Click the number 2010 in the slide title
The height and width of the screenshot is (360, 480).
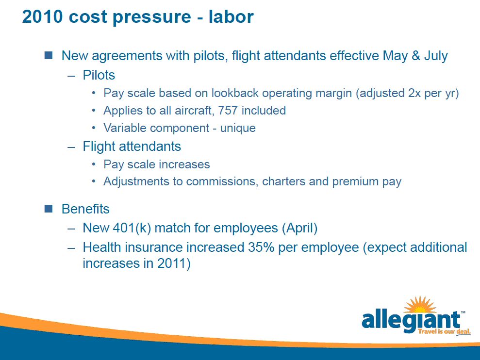click(x=42, y=16)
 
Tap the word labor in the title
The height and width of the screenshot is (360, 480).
click(x=231, y=16)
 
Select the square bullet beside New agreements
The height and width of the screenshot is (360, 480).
click(x=49, y=55)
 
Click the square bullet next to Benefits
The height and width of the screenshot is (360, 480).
click(x=49, y=209)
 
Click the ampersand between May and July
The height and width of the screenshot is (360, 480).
click(x=416, y=56)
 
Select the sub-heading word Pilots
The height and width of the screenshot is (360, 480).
click(x=99, y=75)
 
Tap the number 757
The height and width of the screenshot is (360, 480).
click(x=228, y=111)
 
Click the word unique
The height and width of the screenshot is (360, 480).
click(x=238, y=129)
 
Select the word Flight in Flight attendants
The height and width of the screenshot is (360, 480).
click(x=99, y=147)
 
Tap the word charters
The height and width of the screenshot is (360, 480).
click(x=284, y=181)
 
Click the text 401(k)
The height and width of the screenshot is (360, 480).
click(x=132, y=229)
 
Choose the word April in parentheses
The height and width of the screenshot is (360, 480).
click(x=299, y=229)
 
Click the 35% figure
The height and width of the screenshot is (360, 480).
click(x=261, y=247)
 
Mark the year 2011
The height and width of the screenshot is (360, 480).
click(x=172, y=263)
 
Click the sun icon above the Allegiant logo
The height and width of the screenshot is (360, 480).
click(x=420, y=305)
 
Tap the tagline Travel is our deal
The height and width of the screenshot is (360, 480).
click(x=444, y=331)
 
